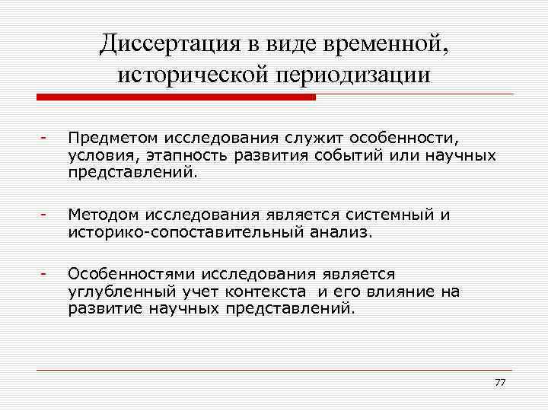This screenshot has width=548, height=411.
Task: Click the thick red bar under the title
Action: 176,97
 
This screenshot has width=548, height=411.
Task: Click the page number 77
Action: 499,381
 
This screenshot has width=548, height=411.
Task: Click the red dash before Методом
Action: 45,215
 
